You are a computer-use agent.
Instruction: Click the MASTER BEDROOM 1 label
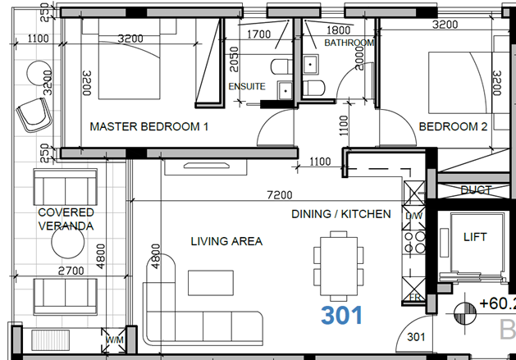[x=149, y=127]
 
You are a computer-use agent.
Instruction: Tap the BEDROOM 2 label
[x=453, y=127]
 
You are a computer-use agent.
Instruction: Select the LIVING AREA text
[x=226, y=241]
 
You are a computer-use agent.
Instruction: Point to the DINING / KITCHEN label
[x=341, y=214]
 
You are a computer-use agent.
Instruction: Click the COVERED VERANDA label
[x=66, y=219]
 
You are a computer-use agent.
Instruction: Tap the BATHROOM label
[x=349, y=43]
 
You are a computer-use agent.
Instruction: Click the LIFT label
[x=475, y=237]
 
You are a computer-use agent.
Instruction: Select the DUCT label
[x=476, y=190]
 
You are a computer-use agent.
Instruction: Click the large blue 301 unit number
[x=341, y=316]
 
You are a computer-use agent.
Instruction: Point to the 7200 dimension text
[x=279, y=196]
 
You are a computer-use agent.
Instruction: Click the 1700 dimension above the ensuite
[x=258, y=34]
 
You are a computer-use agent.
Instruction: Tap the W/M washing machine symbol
[x=112, y=338]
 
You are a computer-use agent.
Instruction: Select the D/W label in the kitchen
[x=413, y=216]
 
